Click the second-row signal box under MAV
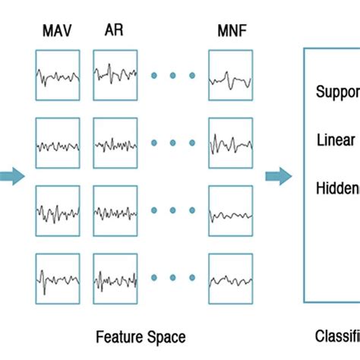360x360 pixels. [x=58, y=143]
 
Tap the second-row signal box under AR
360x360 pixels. [x=115, y=143]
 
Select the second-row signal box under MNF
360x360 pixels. [x=230, y=143]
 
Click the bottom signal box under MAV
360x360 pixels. [x=58, y=278]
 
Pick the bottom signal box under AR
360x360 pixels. [x=115, y=278]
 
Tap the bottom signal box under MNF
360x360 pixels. [x=230, y=278]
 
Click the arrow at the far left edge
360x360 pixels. [x=11, y=176]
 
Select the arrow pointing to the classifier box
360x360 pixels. [x=278, y=176]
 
